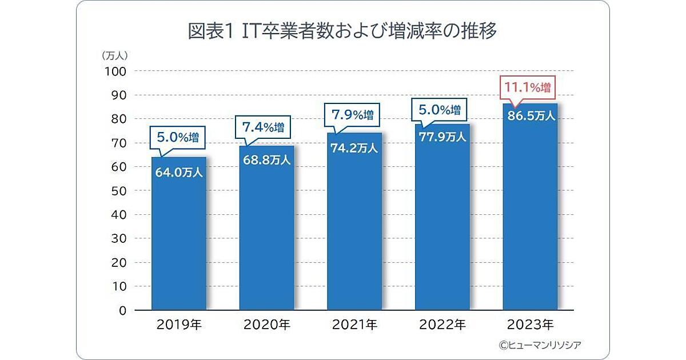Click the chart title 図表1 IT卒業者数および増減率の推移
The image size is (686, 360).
[x=342, y=30]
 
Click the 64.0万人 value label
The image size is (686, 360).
[x=178, y=172]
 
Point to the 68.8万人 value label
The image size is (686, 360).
[x=266, y=160]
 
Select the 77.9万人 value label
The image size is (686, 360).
[x=442, y=137]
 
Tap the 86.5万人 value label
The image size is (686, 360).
[x=530, y=116]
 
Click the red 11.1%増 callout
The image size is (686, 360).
[x=527, y=88]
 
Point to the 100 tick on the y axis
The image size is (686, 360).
[x=117, y=71]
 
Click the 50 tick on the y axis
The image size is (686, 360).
[x=119, y=191]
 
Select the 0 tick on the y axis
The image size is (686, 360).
[x=122, y=311]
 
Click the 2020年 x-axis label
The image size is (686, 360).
[x=266, y=326]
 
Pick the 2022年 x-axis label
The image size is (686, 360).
[x=442, y=326]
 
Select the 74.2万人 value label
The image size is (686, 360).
[x=354, y=148]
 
